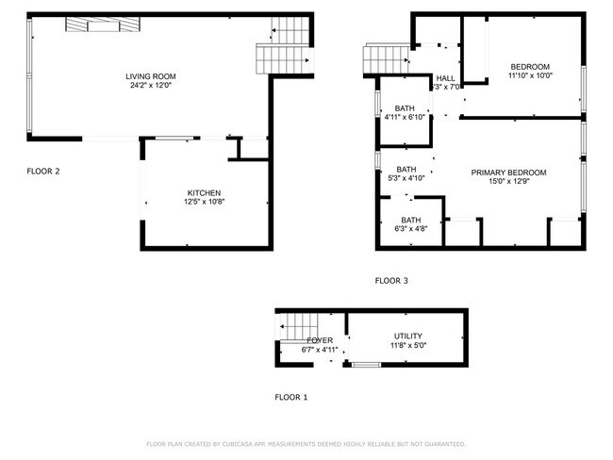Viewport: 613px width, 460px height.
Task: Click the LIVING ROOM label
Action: [151, 76]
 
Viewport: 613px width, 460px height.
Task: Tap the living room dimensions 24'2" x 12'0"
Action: [151, 86]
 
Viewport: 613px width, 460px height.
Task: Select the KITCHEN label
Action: [204, 192]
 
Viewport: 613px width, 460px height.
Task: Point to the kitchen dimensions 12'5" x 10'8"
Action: [204, 202]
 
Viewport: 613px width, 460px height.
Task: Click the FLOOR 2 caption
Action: [44, 172]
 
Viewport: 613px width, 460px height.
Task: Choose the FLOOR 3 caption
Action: [391, 281]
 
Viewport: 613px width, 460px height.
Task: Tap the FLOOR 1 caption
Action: [290, 398]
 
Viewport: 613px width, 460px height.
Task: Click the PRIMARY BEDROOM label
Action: [509, 172]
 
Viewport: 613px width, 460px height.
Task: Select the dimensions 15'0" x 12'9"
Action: [509, 182]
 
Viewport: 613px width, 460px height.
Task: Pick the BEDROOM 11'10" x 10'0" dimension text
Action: [531, 76]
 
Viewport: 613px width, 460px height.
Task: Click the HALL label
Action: [445, 78]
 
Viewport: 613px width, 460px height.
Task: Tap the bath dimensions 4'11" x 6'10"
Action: [406, 118]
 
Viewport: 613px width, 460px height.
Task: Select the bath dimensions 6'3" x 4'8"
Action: [410, 228]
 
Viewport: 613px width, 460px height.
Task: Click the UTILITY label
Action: [407, 337]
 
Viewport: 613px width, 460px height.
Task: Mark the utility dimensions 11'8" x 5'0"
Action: [407, 346]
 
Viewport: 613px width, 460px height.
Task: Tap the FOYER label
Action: [320, 340]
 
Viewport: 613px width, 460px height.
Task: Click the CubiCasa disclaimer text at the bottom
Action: [306, 444]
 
